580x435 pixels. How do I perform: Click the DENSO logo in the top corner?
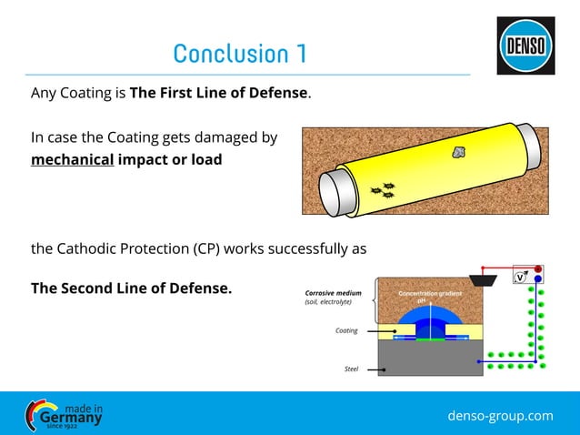(525, 46)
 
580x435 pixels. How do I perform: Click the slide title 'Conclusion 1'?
(239, 54)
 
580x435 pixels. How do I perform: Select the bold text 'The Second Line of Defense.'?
(131, 288)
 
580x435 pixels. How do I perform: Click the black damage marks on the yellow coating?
(383, 190)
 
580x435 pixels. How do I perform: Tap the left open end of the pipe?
(346, 193)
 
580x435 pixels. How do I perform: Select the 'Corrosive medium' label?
(333, 294)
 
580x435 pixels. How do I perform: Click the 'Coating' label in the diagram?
(346, 330)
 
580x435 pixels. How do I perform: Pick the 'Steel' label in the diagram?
(351, 369)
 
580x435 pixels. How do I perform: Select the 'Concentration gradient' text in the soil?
(430, 294)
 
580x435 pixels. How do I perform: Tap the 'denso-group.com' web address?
(500, 416)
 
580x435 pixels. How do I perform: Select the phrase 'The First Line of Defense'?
(219, 92)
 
